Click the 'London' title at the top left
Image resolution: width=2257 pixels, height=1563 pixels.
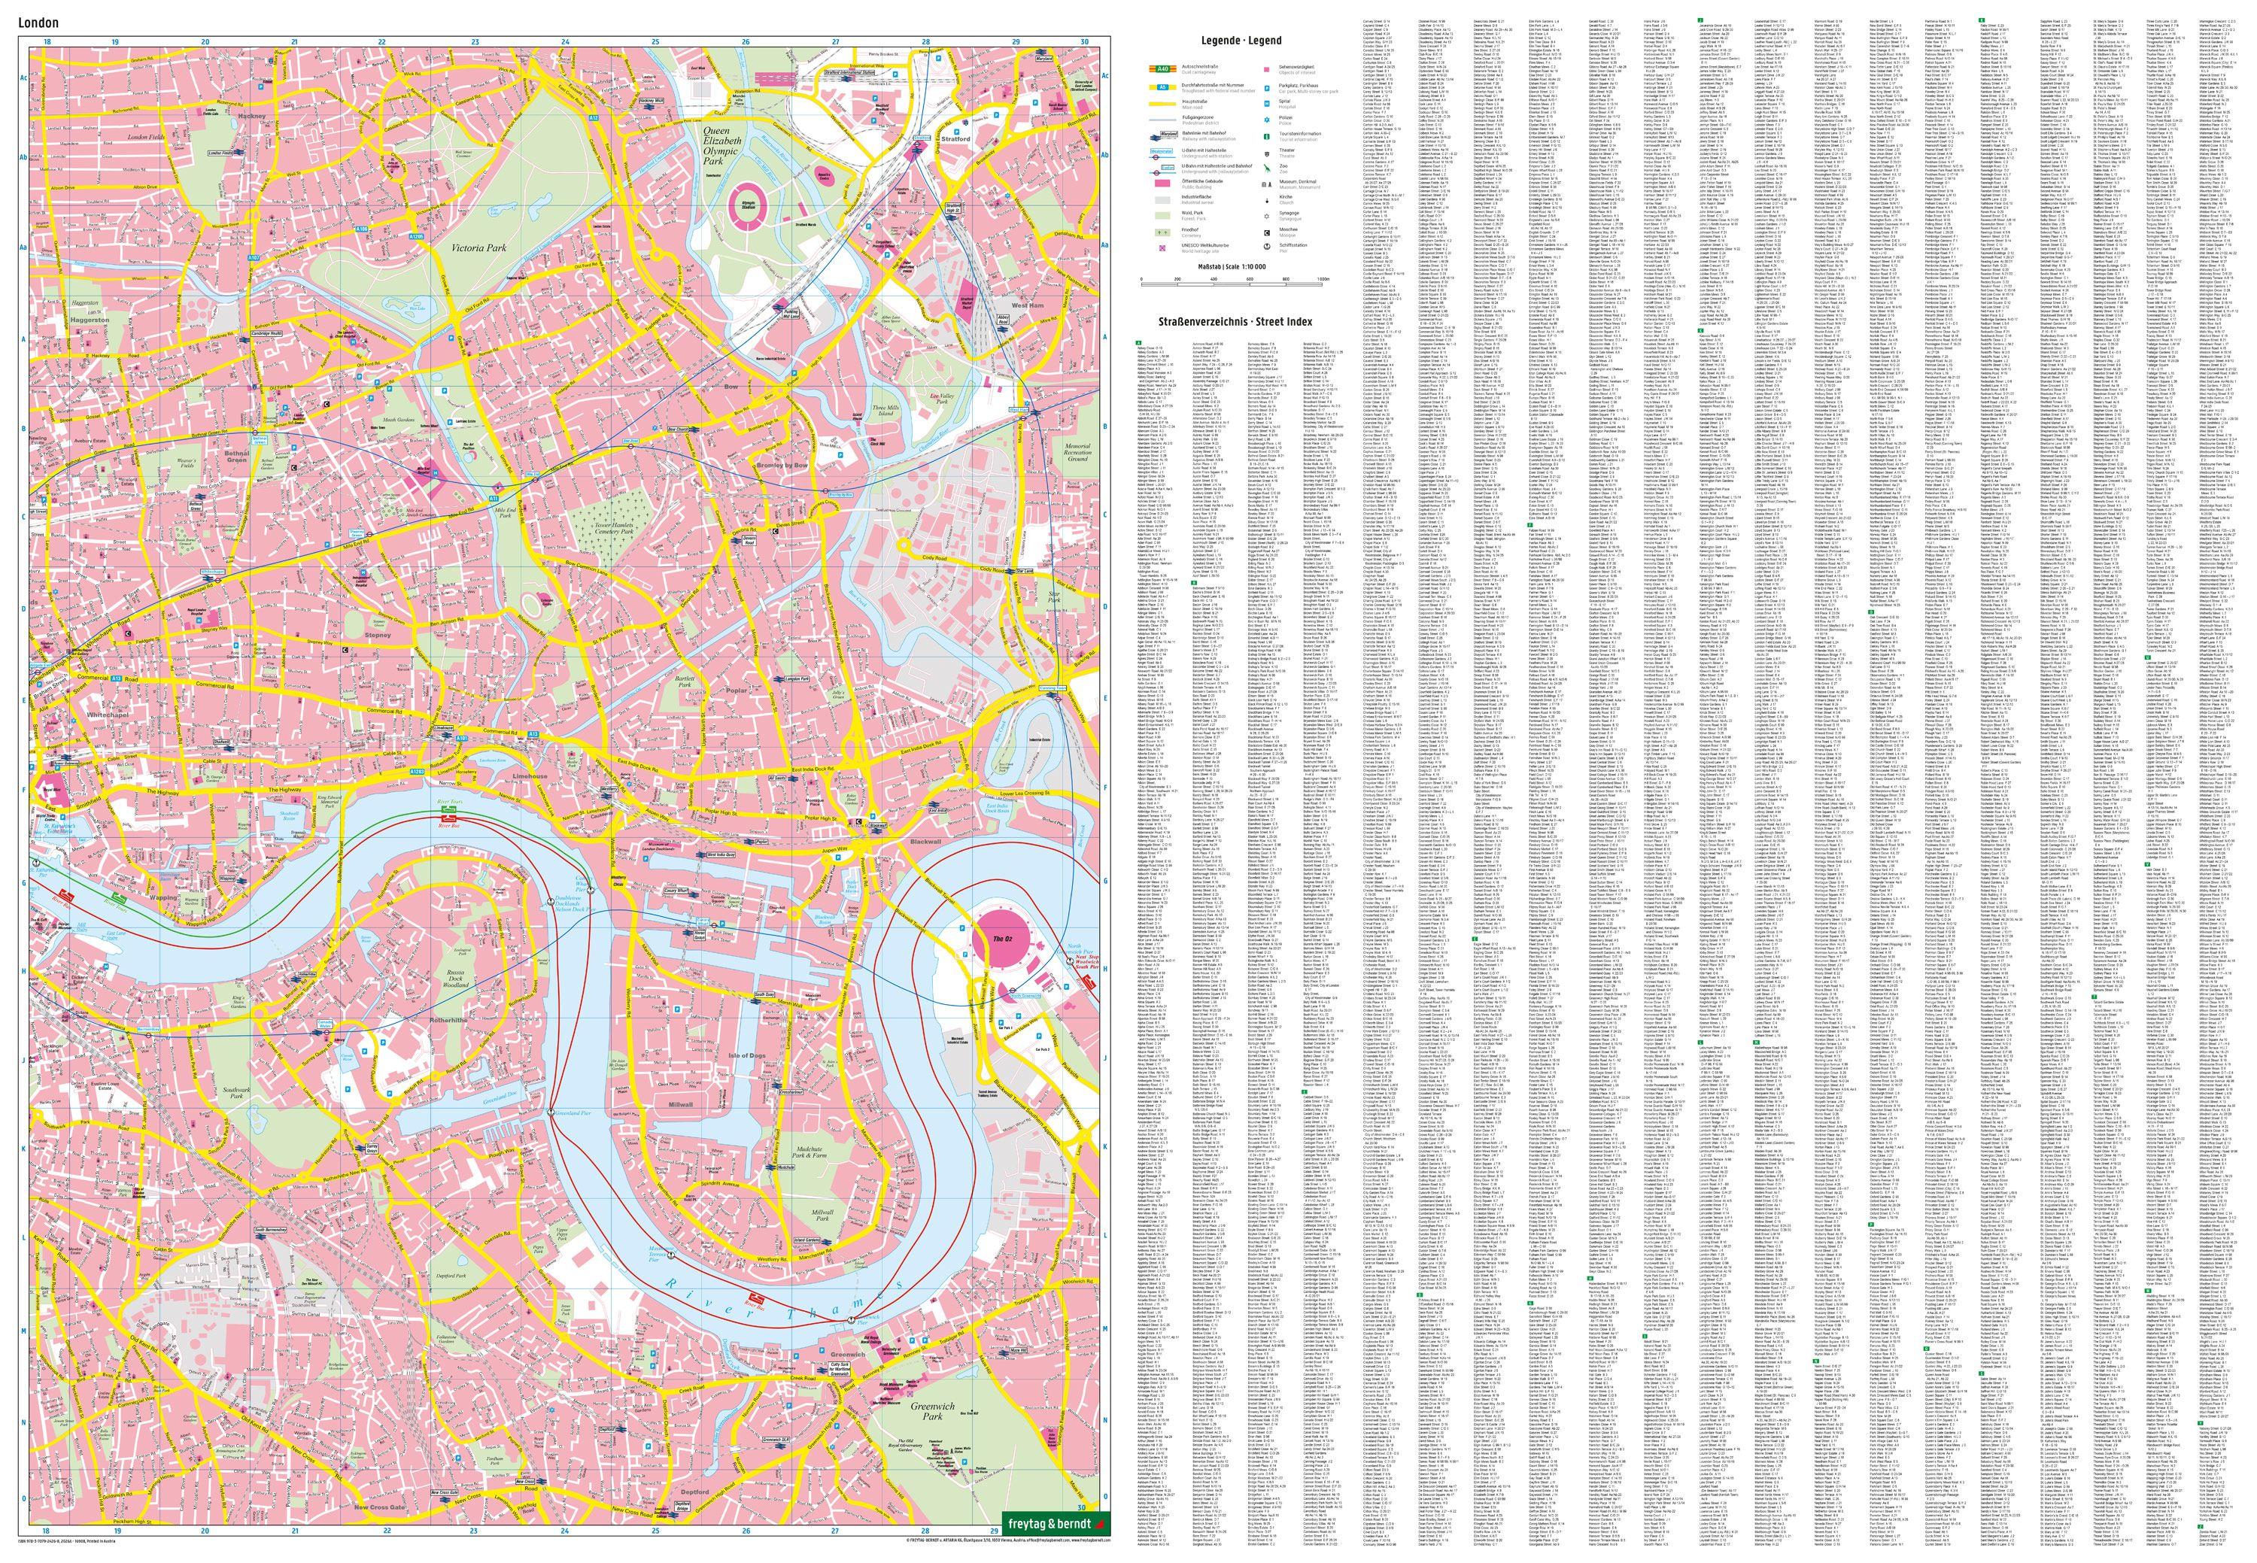pos(45,20)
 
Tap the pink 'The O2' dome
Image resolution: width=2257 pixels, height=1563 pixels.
pos(999,937)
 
